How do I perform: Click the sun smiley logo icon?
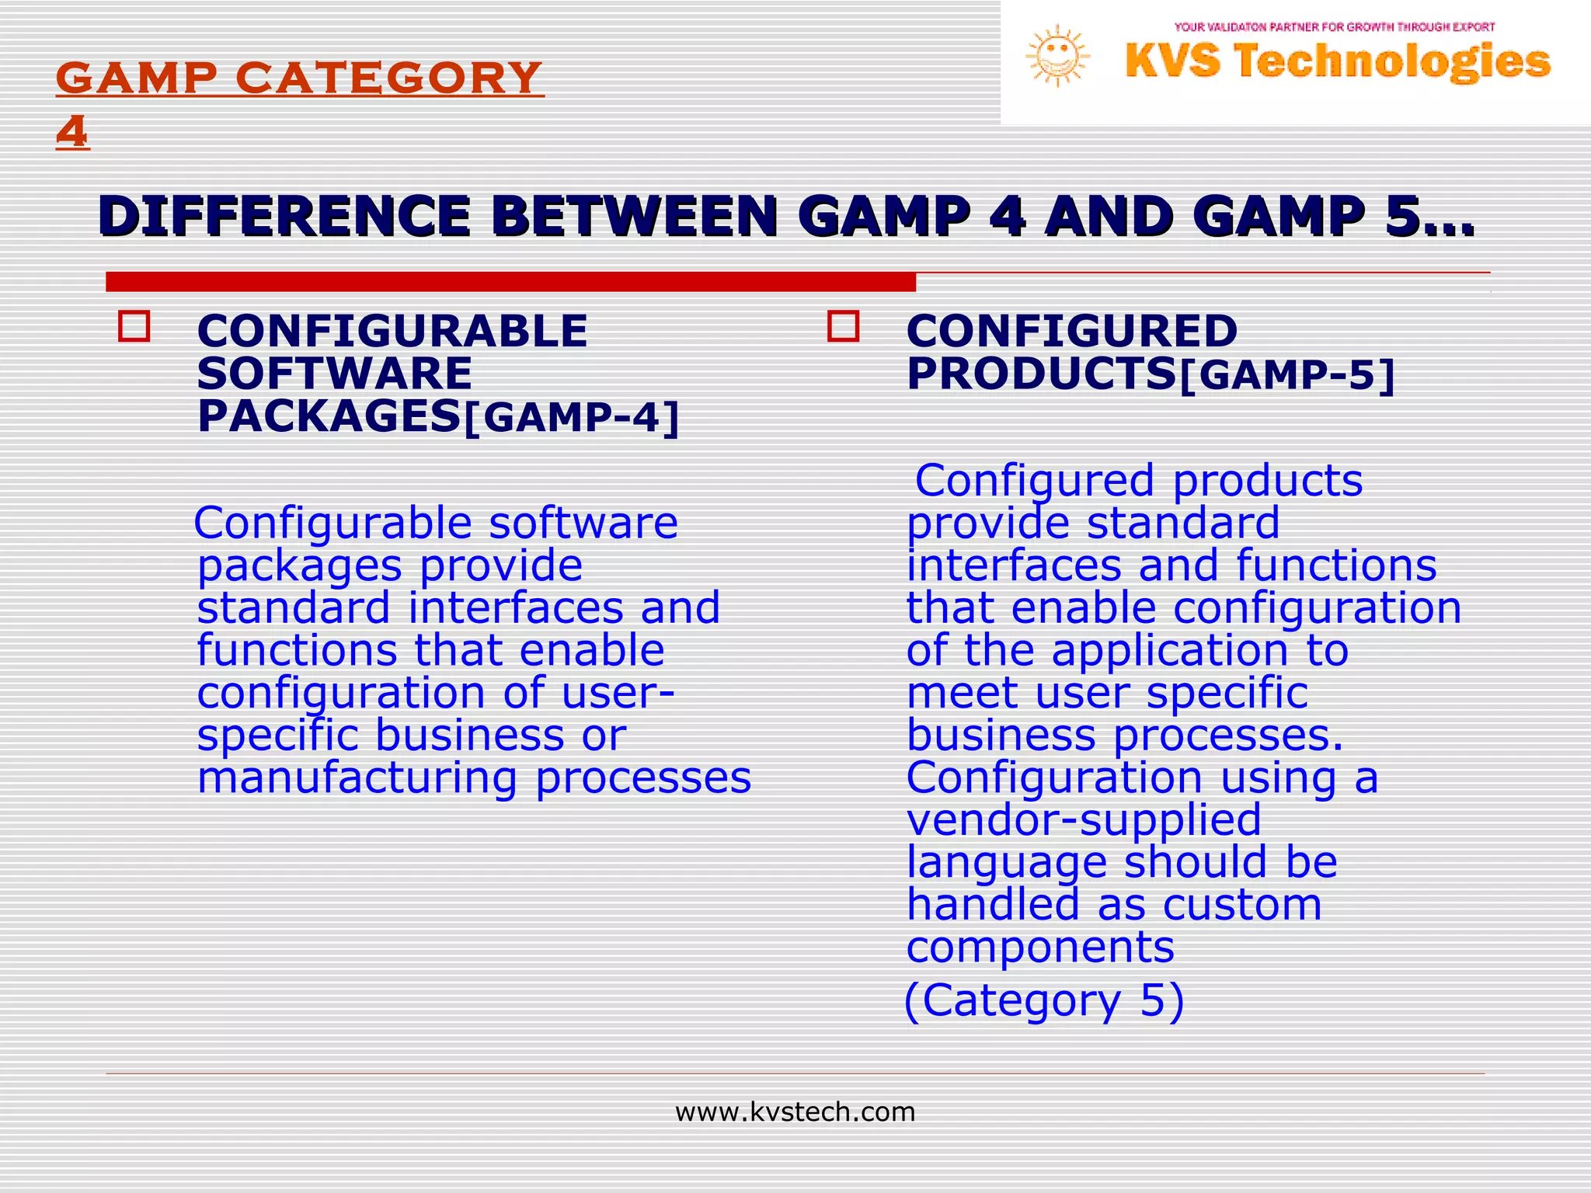pyautogui.click(x=1057, y=55)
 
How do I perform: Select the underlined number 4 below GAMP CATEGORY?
pyautogui.click(x=72, y=131)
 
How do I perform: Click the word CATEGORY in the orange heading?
pyautogui.click(x=388, y=78)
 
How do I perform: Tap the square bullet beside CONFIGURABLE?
pyautogui.click(x=134, y=327)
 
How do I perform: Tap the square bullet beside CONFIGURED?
pyautogui.click(x=843, y=326)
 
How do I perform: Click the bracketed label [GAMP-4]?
pyautogui.click(x=571, y=418)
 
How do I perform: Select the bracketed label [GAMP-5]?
pyautogui.click(x=1286, y=376)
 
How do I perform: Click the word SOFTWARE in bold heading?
pyautogui.click(x=334, y=374)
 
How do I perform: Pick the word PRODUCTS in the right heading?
pyautogui.click(x=1041, y=374)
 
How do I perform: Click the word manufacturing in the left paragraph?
pyautogui.click(x=357, y=778)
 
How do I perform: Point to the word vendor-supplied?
pyautogui.click(x=1084, y=820)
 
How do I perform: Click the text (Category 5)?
pyautogui.click(x=1044, y=1000)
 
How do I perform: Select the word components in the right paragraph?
pyautogui.click(x=1040, y=948)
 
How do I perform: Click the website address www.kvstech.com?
pyautogui.click(x=795, y=1112)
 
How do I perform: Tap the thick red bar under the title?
pyautogui.click(x=510, y=281)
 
